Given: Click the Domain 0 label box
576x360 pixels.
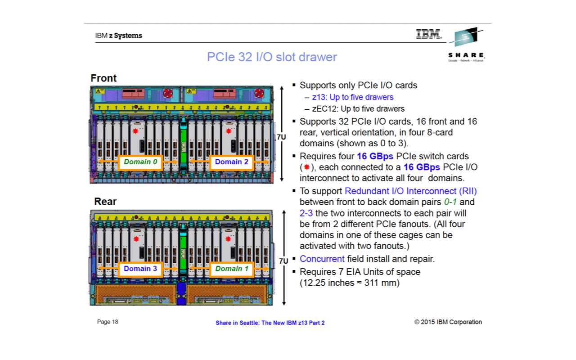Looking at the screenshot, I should tap(140, 162).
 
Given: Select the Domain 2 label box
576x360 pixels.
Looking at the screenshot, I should tap(231, 162).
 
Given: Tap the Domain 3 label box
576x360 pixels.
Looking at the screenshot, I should tap(140, 269).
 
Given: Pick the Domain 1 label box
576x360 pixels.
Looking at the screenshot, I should tap(231, 269).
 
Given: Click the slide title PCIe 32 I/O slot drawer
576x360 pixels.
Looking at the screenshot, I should tap(272, 57).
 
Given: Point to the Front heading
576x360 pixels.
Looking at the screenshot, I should tap(103, 78).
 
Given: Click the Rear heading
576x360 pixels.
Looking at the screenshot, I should tap(105, 202).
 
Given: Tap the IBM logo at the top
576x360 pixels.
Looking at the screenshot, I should tap(428, 34).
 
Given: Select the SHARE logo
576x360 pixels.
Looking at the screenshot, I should tap(466, 45).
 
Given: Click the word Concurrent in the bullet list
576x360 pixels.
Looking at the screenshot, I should tap(322, 259).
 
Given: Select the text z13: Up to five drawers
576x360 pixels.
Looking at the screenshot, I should tap(353, 97).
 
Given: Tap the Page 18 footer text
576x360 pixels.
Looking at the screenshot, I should tap(108, 322).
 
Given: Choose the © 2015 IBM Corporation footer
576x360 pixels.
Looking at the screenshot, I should tap(448, 322).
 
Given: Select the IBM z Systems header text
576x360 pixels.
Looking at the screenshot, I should tap(118, 36).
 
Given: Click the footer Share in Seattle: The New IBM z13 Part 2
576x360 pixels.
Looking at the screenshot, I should tap(270, 323).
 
